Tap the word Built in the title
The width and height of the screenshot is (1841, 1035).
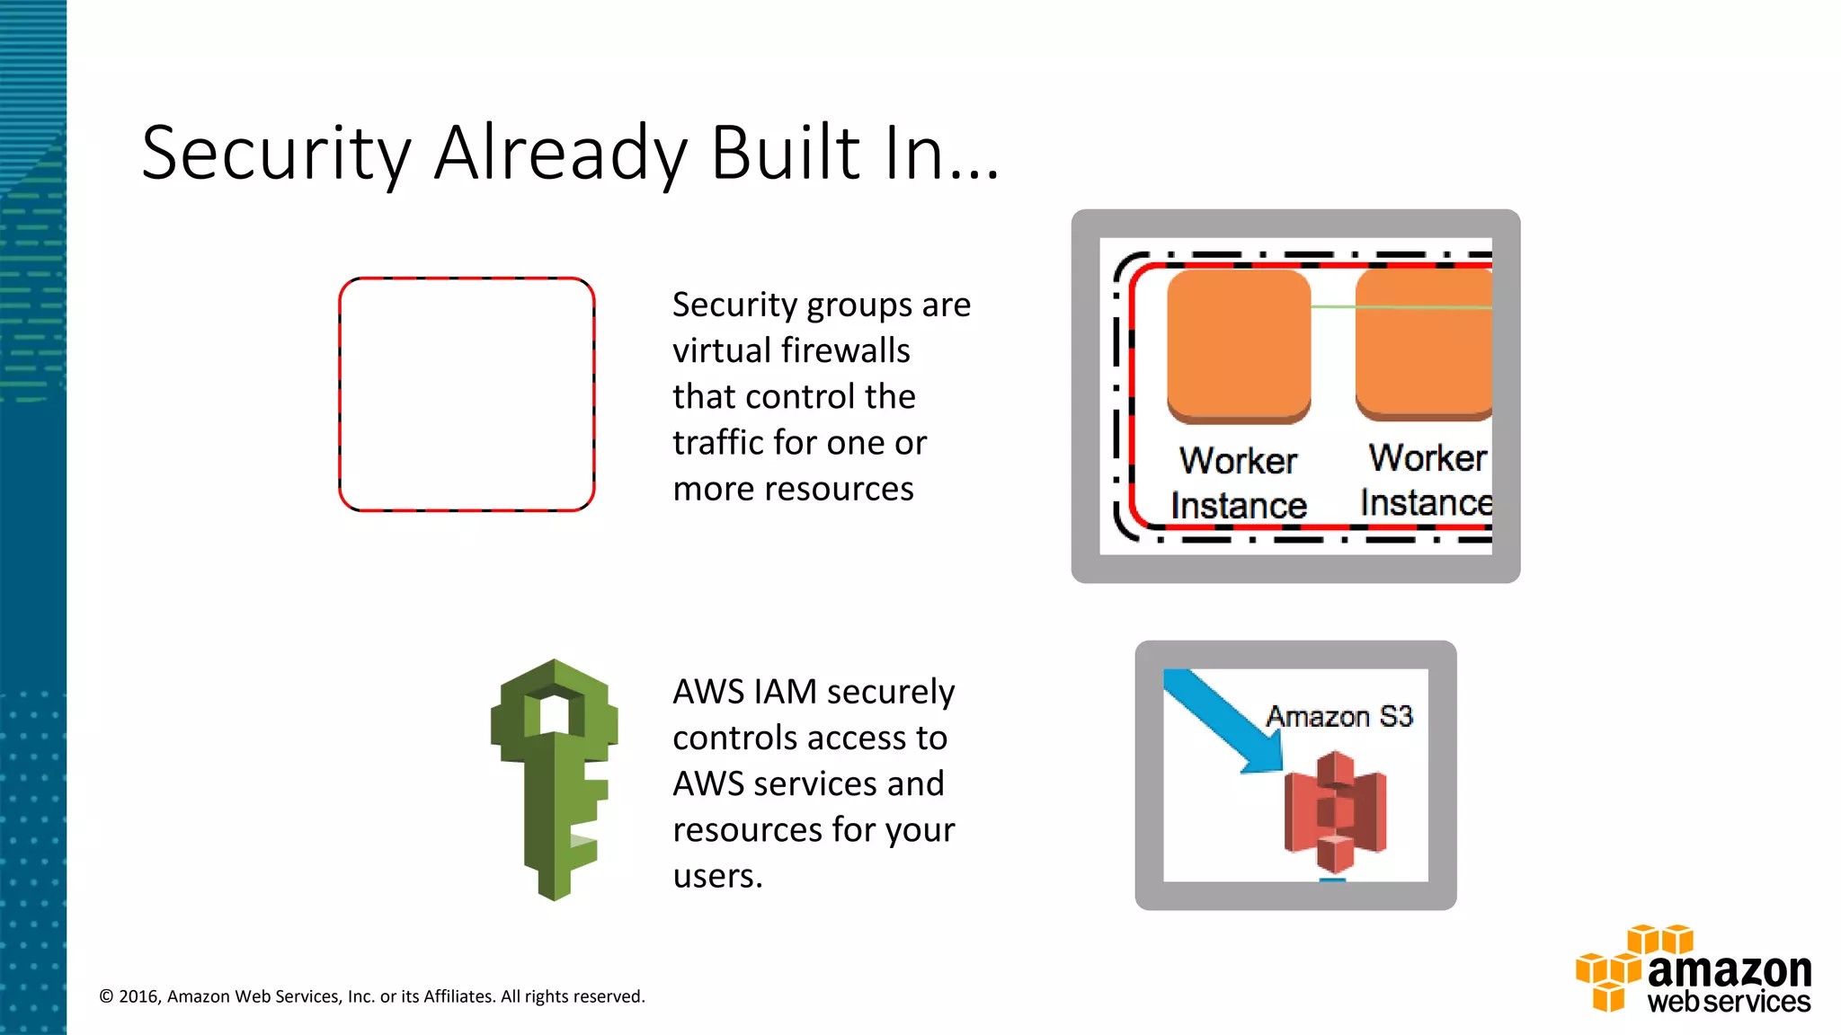(786, 153)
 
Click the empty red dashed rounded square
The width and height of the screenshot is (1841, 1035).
(467, 394)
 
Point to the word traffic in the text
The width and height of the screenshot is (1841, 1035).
(724, 443)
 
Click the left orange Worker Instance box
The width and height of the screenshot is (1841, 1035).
(1239, 346)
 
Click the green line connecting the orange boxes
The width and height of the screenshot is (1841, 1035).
(1333, 307)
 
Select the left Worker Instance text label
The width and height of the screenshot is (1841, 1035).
(1238, 483)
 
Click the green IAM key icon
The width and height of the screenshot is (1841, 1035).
(554, 780)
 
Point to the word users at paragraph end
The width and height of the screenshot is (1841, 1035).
(716, 876)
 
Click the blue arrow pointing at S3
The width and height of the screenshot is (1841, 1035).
(1223, 719)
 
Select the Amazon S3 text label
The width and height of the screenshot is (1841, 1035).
(1339, 716)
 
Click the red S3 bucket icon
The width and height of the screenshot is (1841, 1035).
(1335, 812)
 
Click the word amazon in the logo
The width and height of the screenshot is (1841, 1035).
(1729, 970)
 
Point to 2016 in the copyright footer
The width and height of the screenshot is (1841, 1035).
(138, 996)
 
